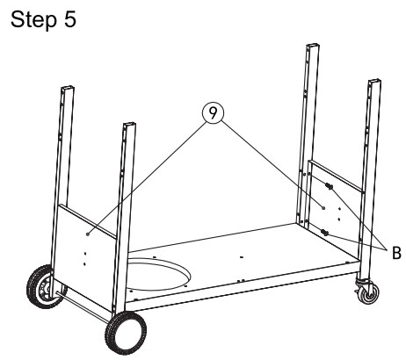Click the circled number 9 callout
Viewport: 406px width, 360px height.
point(213,113)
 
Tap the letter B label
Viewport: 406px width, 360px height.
point(396,253)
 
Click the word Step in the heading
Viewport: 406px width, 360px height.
point(33,20)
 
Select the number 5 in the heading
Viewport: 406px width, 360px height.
point(69,19)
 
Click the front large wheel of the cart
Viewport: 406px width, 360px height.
point(126,333)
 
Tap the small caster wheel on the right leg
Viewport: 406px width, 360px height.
point(368,292)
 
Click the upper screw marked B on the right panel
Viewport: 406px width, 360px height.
point(329,185)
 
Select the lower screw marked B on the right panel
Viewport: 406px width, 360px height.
point(324,233)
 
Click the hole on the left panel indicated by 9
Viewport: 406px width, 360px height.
point(87,234)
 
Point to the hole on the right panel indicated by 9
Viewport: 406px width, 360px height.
point(323,207)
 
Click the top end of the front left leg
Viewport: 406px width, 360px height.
point(130,125)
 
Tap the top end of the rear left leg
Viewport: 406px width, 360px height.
point(68,88)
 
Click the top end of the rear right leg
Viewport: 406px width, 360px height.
point(313,46)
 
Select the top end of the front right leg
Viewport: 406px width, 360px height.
point(374,81)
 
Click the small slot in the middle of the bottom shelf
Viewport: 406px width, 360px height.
point(242,257)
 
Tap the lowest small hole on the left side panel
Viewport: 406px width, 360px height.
point(84,264)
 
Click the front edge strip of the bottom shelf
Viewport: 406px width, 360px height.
point(242,288)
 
